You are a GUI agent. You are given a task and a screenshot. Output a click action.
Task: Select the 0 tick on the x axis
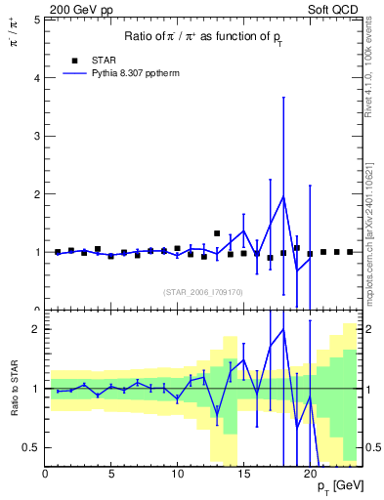pyautogui.click(x=45, y=475)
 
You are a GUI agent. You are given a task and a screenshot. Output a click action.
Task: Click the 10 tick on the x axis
pyautogui.click(x=177, y=475)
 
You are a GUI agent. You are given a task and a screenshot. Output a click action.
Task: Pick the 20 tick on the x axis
pyautogui.click(x=310, y=475)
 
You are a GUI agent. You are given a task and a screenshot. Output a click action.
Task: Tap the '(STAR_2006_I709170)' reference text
pyautogui.click(x=202, y=291)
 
